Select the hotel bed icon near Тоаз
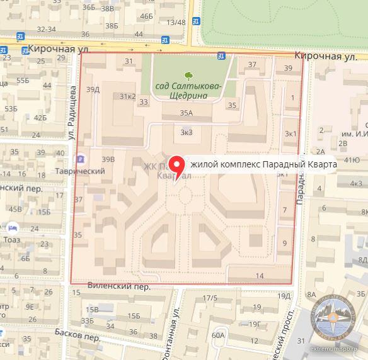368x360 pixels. click(x=12, y=227)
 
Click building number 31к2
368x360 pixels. click(x=128, y=96)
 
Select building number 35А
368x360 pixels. click(x=185, y=114)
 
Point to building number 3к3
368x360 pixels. click(x=186, y=132)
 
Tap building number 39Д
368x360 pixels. click(x=93, y=89)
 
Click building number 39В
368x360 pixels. click(x=108, y=159)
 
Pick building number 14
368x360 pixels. click(x=260, y=276)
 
